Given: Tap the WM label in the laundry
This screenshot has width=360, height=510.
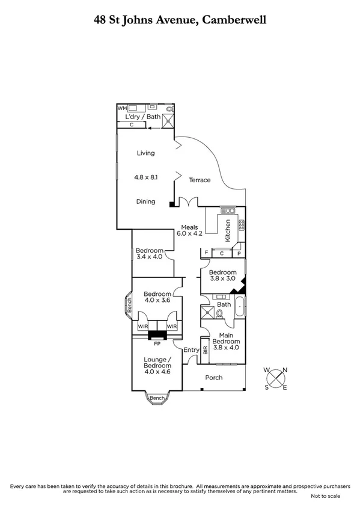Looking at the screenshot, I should click(121, 108).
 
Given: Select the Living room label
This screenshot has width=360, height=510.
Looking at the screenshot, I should click(145, 153).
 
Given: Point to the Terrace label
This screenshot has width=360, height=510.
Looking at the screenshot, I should click(200, 180).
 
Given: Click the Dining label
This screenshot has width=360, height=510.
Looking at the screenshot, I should click(145, 201).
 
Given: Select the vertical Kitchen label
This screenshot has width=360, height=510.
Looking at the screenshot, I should click(228, 230).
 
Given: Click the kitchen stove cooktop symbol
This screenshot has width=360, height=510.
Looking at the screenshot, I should click(241, 225).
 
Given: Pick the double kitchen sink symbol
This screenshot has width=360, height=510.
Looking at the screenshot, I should click(228, 210).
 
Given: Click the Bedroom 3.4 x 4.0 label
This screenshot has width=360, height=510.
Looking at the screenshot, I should click(149, 254).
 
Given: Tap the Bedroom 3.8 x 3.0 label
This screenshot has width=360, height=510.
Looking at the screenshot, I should click(222, 275).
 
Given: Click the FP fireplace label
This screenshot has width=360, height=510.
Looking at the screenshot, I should click(157, 345).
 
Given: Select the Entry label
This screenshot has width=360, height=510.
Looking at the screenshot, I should click(191, 350).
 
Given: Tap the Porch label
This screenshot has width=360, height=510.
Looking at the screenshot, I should click(213, 378).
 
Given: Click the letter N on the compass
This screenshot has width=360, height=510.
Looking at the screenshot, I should click(285, 370).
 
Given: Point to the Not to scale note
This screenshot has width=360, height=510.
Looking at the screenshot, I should click(325, 496).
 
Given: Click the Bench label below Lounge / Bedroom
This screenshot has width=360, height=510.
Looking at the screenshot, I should click(157, 398).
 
